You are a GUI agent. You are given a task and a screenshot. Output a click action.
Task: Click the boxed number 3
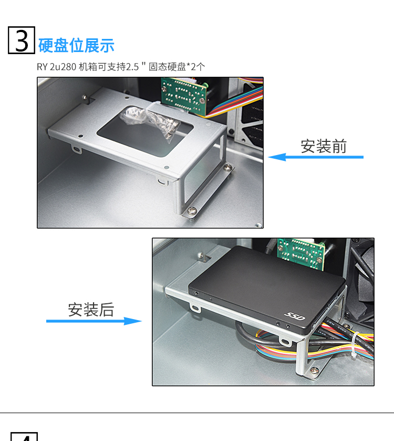pos(22,40)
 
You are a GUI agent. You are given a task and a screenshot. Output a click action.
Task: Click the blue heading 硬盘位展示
pos(76,45)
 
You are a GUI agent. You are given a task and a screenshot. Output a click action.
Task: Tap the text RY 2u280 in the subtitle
pos(57,67)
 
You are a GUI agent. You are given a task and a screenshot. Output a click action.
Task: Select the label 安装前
pos(324,146)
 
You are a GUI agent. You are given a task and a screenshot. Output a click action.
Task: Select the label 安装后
pos(91,310)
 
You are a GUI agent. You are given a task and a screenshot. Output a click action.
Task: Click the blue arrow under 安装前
pos(316,157)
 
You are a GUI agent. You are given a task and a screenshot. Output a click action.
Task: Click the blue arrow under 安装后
pos(94,321)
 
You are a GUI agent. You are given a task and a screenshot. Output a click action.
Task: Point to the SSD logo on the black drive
pos(295,316)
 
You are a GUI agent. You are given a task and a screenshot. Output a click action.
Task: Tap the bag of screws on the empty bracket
pos(149,121)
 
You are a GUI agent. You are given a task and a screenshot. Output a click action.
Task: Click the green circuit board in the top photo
pos(184,95)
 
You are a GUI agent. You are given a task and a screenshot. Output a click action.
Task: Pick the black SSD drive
pos(267,288)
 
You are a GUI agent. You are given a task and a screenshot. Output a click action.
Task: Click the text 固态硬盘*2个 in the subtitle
pos(177,67)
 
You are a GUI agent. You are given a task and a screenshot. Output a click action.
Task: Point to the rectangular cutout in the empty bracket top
pos(145,131)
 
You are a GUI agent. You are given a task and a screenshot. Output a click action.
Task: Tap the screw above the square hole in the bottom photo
pos(200,255)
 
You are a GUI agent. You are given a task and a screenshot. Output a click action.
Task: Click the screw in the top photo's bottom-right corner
pos(258,225)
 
